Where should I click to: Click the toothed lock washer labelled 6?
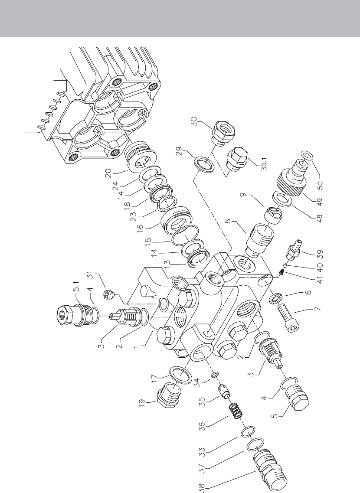275,298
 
